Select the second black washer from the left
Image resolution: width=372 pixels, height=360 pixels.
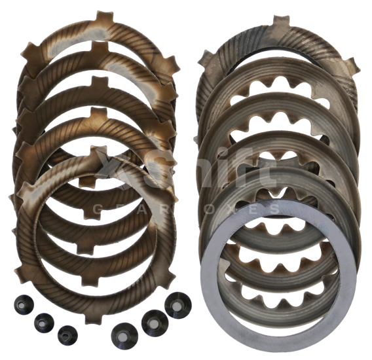44,321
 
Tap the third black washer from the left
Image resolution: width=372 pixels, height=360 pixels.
67,334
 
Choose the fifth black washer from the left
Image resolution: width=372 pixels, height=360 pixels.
152,321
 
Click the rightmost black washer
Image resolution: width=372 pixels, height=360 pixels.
177,305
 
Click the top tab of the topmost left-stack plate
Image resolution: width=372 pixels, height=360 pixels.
99,18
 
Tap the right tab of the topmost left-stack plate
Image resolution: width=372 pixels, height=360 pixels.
170,64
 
